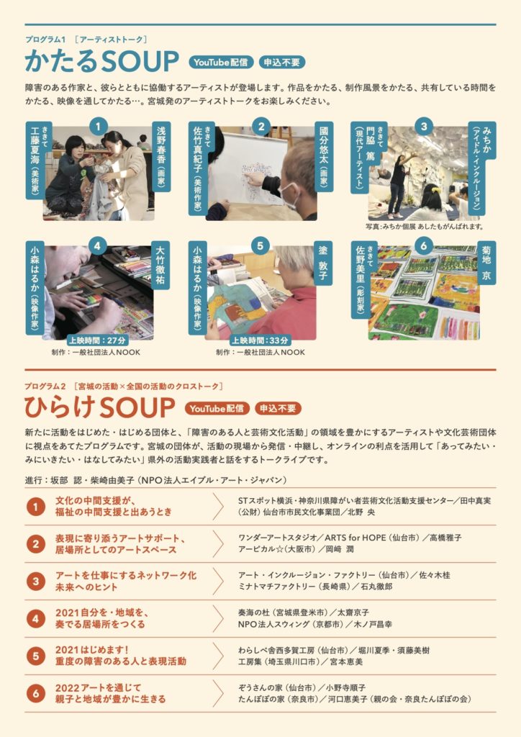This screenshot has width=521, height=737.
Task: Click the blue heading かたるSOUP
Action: pos(101,61)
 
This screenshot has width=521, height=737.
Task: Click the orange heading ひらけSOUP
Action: pos(99,407)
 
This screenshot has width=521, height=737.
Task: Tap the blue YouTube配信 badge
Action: pos(221,62)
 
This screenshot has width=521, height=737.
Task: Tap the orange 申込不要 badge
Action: pos(278,409)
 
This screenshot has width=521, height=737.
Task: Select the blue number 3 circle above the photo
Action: pos(424,126)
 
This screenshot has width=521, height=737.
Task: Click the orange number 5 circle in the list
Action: pos(36,656)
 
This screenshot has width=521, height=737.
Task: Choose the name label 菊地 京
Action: pos(486,263)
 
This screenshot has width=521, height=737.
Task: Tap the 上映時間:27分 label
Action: pos(97,340)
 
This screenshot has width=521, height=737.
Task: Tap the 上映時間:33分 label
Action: pos(260,340)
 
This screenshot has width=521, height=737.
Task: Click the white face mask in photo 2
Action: pos(289,196)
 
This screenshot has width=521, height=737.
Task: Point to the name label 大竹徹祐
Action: pos(160,265)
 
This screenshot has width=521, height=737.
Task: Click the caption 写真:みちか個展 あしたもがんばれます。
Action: pos(425,227)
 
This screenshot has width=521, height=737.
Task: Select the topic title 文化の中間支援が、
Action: pos(96,501)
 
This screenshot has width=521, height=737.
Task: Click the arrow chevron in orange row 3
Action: pos(217,581)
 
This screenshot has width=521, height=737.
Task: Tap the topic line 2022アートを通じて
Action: pos(98,687)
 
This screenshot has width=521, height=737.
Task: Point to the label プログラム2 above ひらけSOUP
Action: pos(45,386)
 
